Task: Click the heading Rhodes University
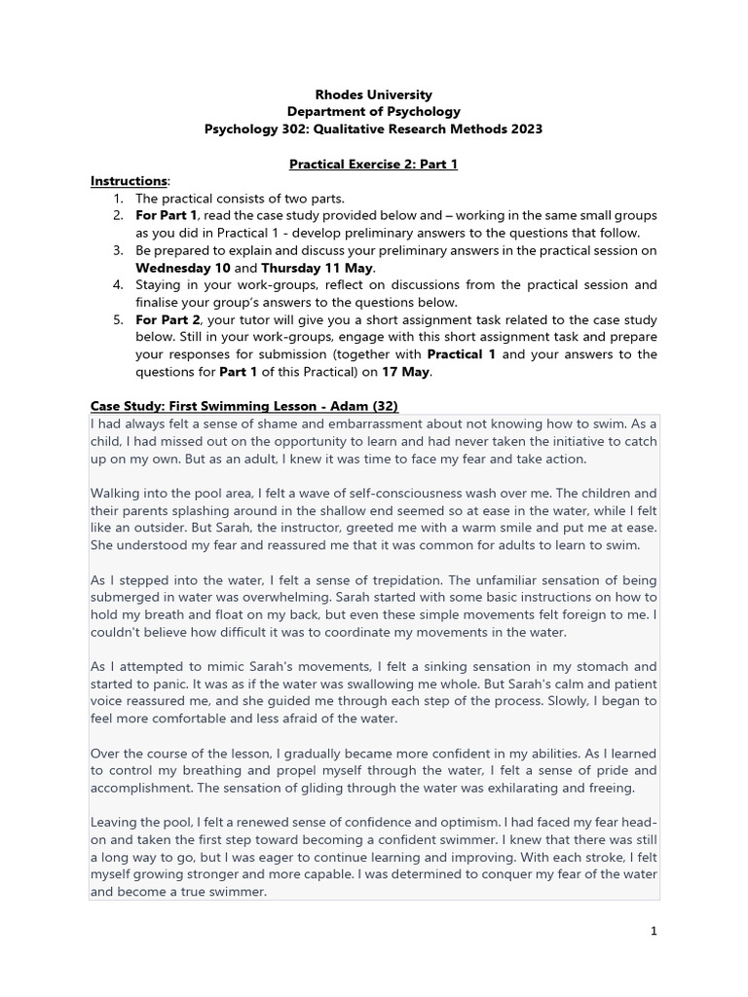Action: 374,94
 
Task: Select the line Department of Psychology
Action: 374,112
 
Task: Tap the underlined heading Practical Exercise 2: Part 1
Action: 374,164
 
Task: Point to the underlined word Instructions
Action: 129,181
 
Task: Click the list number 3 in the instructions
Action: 117,250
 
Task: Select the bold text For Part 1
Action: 166,215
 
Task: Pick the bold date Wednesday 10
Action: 182,268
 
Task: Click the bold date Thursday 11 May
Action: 318,268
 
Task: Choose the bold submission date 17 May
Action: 407,372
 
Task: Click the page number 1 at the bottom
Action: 654,932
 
